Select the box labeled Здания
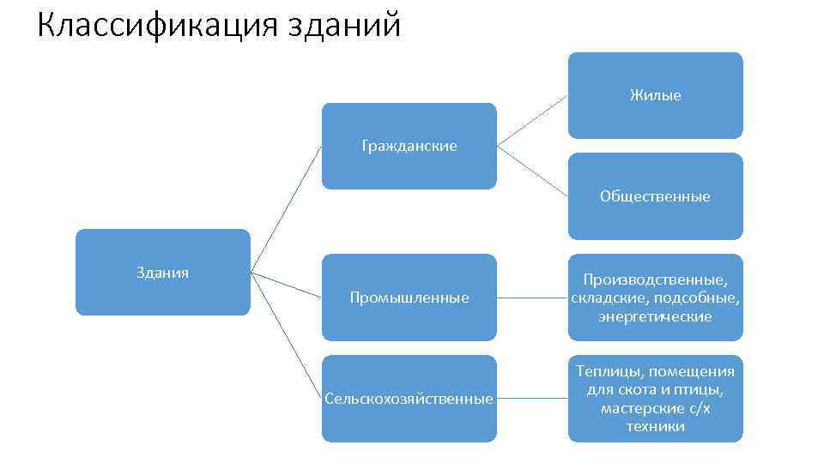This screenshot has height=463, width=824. tap(163, 273)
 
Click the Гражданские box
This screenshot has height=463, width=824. tap(409, 146)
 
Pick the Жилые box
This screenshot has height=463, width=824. tap(655, 95)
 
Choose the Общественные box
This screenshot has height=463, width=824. tap(655, 196)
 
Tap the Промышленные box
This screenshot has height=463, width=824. tap(409, 298)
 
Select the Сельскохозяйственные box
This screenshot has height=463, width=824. tap(409, 399)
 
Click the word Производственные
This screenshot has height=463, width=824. tap(655, 280)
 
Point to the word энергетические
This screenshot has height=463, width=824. tap(655, 316)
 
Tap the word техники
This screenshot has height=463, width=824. tap(655, 426)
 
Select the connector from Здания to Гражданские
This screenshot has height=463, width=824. tap(286, 209)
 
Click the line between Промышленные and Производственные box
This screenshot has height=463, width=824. tap(532, 298)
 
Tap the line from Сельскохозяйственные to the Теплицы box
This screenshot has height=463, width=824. tap(532, 399)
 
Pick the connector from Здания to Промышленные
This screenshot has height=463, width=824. tap(286, 285)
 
